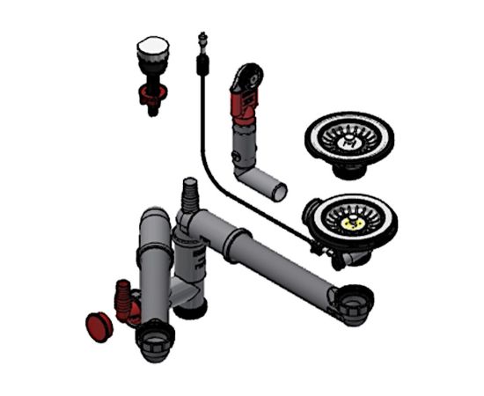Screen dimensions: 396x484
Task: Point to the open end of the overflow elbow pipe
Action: tap(280, 190)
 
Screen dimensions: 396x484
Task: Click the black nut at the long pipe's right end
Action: tap(356, 304)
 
